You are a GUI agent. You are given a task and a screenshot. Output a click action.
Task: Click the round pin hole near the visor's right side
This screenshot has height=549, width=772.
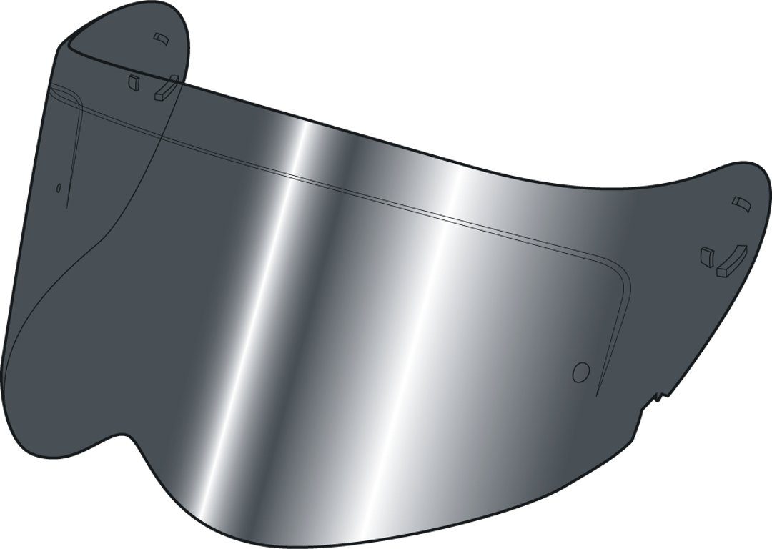[x=581, y=372]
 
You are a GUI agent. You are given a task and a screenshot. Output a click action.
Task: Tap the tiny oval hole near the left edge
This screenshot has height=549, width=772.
[x=59, y=189]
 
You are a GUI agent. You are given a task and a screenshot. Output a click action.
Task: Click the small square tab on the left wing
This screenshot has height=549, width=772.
[x=132, y=81]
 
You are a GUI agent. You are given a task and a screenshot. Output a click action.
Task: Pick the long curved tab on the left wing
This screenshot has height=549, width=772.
[x=165, y=88]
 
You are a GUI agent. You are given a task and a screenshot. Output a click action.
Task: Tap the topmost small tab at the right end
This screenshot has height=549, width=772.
[x=740, y=204]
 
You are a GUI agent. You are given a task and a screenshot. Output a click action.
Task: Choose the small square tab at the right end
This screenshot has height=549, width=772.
[x=708, y=255]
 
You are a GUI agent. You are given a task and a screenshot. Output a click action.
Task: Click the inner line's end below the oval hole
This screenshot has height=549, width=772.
[x=66, y=208]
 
